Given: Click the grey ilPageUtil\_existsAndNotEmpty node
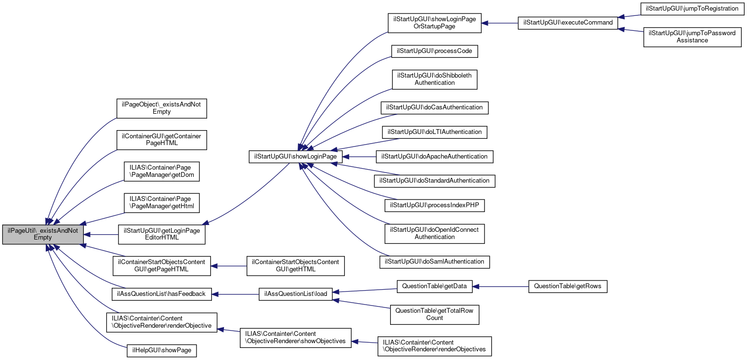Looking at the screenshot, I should pyautogui.click(x=43, y=234).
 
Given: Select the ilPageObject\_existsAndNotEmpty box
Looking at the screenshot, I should pyautogui.click(x=161, y=108).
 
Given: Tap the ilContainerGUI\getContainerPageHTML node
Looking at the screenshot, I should pyautogui.click(x=161, y=140).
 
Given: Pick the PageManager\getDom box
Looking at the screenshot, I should pyautogui.click(x=161, y=172).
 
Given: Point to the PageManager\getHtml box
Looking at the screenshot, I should pyautogui.click(x=161, y=203).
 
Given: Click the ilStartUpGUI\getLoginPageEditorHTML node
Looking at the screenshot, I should pyautogui.click(x=162, y=234).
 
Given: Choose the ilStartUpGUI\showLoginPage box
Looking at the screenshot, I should pyautogui.click(x=295, y=157).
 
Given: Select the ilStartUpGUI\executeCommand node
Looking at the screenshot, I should pyautogui.click(x=567, y=23).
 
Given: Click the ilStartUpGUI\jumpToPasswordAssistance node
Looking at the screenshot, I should pyautogui.click(x=692, y=37).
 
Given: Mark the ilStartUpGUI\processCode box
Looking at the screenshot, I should pyautogui.click(x=437, y=51).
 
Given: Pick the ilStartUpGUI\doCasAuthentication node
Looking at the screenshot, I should pyautogui.click(x=434, y=107).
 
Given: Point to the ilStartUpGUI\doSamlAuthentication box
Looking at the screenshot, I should pyautogui.click(x=434, y=262).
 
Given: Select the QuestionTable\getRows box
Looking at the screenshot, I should pyautogui.click(x=567, y=287).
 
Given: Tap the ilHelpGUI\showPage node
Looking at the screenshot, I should pyautogui.click(x=161, y=350).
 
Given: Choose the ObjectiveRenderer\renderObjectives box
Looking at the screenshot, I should pyautogui.click(x=434, y=346).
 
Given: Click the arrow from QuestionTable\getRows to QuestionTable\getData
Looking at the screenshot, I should pyautogui.click(x=500, y=287).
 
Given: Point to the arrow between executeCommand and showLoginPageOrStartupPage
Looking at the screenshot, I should pyautogui.click(x=499, y=23).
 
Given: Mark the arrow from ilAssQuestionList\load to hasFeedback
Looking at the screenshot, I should pyautogui.click(x=236, y=294).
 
